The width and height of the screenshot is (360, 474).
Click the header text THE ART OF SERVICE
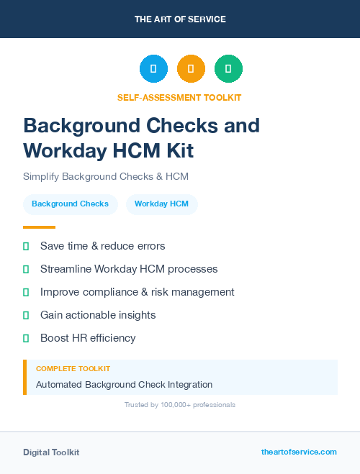pyautogui.click(x=180, y=19)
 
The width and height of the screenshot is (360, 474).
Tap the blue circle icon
pyautogui.click(x=153, y=69)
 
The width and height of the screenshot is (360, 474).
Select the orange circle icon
pyautogui.click(x=191, y=69)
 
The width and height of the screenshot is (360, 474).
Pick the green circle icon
pyautogui.click(x=228, y=69)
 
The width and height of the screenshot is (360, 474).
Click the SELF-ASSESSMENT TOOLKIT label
pyautogui.click(x=179, y=97)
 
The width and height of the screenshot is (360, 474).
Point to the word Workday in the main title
pyautogui.click(x=64, y=150)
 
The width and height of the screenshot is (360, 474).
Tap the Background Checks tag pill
pyautogui.click(x=70, y=204)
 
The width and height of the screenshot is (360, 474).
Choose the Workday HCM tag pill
pyautogui.click(x=161, y=204)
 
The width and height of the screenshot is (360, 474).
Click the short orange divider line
pyautogui.click(x=39, y=227)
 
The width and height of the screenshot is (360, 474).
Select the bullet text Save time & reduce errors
pyautogui.click(x=102, y=246)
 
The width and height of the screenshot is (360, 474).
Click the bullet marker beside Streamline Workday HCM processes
pyautogui.click(x=26, y=269)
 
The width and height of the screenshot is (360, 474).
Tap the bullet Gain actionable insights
pyautogui.click(x=98, y=315)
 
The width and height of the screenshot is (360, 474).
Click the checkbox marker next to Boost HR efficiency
pyautogui.click(x=26, y=338)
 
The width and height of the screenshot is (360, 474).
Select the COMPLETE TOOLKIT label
pyautogui.click(x=73, y=368)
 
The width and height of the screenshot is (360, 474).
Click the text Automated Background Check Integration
pyautogui.click(x=124, y=385)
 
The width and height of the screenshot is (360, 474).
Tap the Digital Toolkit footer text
pyautogui.click(x=51, y=452)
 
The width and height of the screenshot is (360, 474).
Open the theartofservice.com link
pyautogui.click(x=299, y=452)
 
